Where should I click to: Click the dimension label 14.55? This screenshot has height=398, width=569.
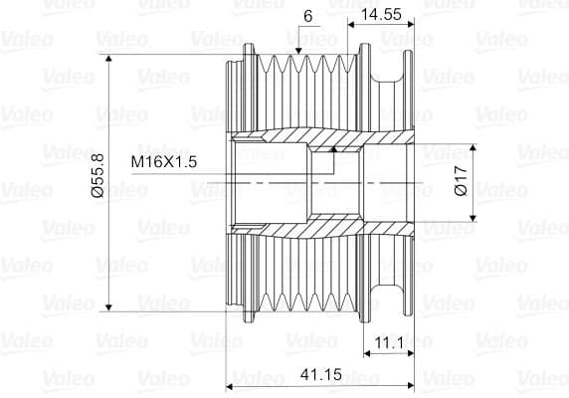coord(381,14)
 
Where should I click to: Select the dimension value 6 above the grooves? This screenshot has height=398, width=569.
coord(307,16)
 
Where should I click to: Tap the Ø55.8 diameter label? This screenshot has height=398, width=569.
coord(97,175)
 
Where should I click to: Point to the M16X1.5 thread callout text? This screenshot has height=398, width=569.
coord(164,162)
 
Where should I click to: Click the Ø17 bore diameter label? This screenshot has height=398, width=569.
coord(461,181)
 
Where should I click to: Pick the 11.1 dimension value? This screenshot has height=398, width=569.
coord(389,342)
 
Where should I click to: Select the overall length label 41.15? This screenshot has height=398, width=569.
coord(321,374)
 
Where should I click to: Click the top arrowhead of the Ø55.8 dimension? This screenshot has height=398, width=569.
coord(108,59)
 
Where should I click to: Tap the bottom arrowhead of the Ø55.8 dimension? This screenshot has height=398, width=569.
coord(108,306)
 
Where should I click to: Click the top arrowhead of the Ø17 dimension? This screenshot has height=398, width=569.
coord(473,147)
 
